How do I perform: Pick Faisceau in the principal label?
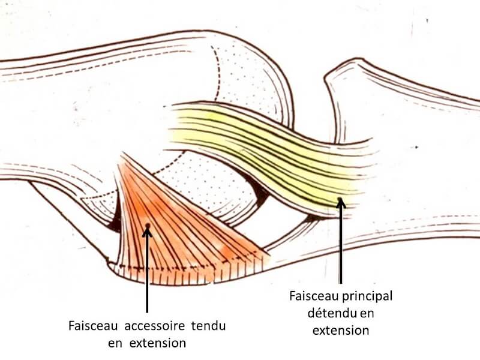tap(310, 296)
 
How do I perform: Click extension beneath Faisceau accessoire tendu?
tap(155, 343)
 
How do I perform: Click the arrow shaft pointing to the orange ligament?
tap(148, 276)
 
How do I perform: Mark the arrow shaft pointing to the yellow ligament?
tap(340, 246)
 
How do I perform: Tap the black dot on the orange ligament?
tap(148, 226)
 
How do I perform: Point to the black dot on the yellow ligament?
tap(340, 200)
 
